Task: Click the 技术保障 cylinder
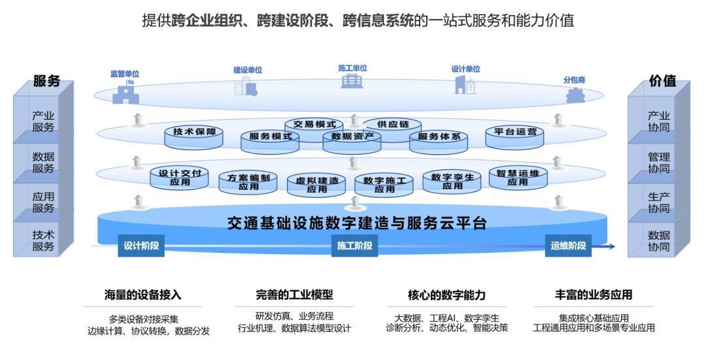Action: coord(193,137)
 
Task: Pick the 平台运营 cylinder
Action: coord(514,137)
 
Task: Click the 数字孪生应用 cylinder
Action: coord(452,182)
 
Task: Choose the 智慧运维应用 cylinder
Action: coord(518,178)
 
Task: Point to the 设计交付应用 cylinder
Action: coord(179,178)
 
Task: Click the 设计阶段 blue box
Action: coord(141,246)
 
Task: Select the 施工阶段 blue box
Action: coord(354,246)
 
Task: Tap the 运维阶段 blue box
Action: coord(568,246)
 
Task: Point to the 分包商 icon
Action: coord(575,95)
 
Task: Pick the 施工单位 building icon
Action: coord(352,81)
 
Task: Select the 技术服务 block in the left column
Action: coord(43,240)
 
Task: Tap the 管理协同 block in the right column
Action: coord(658,163)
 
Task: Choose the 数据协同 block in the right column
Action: coord(658,240)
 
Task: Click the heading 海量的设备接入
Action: coord(143,295)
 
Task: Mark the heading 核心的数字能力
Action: coord(446,295)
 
